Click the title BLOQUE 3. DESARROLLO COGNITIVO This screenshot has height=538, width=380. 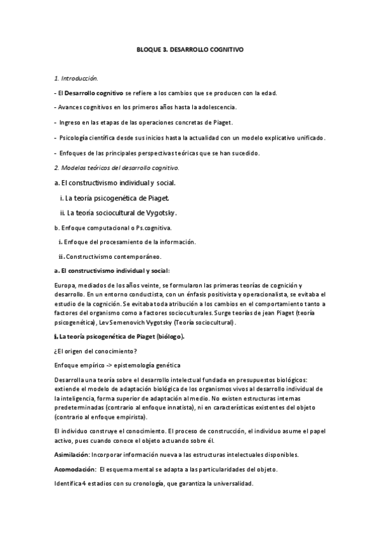click(x=190, y=48)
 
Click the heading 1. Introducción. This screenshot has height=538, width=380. click(x=76, y=78)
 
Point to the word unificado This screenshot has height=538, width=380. click(x=306, y=138)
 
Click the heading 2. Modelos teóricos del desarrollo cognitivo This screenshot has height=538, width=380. click(x=117, y=167)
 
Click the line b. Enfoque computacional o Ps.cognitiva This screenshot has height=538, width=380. click(x=112, y=227)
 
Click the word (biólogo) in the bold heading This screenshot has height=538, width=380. click(x=168, y=336)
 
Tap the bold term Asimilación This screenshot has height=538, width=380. click(x=72, y=455)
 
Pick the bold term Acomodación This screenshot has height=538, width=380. click(x=74, y=469)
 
